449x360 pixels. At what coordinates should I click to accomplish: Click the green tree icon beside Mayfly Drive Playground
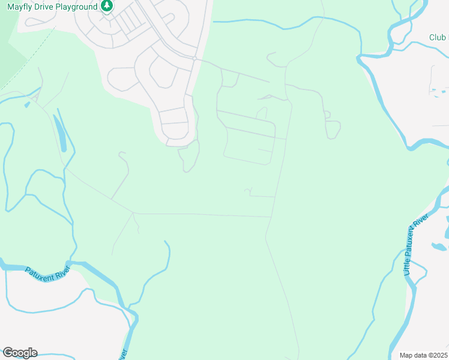(x=107, y=6)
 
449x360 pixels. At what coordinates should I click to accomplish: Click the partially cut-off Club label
(x=438, y=38)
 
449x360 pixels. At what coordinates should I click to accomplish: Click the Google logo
(x=20, y=352)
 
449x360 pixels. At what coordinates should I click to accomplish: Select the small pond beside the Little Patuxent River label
(x=438, y=246)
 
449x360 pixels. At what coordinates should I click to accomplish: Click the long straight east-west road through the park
(x=204, y=214)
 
